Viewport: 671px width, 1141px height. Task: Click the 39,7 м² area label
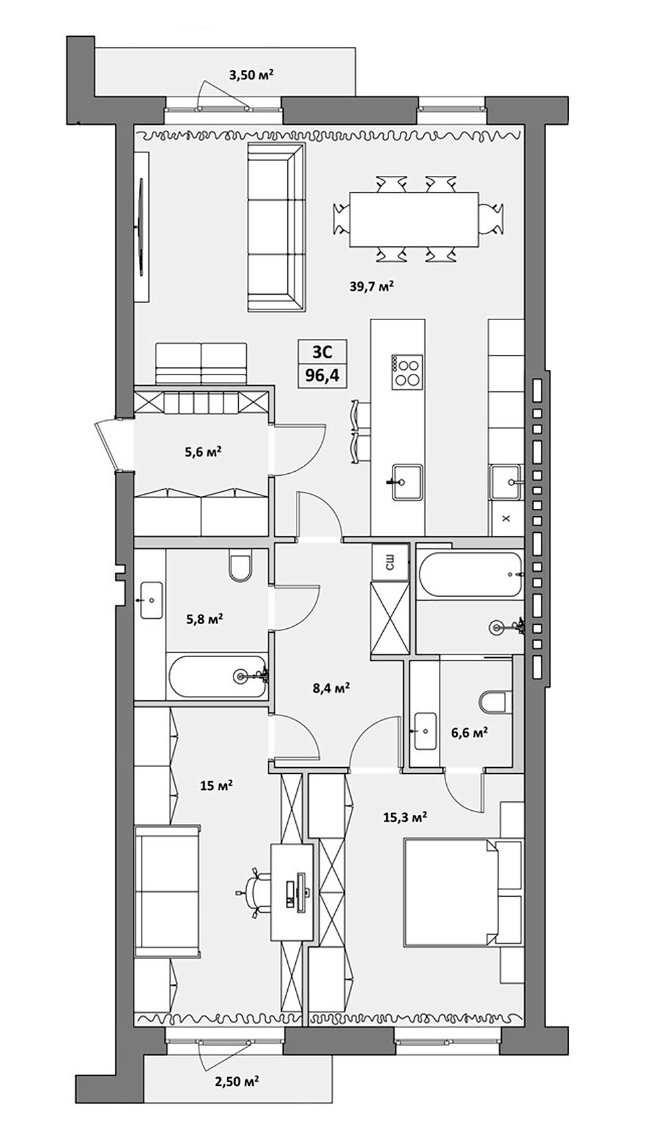(370, 287)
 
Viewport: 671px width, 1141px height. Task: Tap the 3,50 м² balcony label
(251, 75)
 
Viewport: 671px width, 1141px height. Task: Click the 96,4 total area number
(322, 375)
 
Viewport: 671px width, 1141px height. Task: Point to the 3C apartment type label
(322, 351)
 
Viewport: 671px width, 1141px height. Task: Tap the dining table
(413, 219)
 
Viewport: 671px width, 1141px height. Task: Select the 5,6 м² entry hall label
(203, 452)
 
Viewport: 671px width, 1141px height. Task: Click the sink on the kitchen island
(407, 482)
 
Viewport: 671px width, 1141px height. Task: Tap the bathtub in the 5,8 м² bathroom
(217, 677)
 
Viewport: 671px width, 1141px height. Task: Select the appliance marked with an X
(506, 518)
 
